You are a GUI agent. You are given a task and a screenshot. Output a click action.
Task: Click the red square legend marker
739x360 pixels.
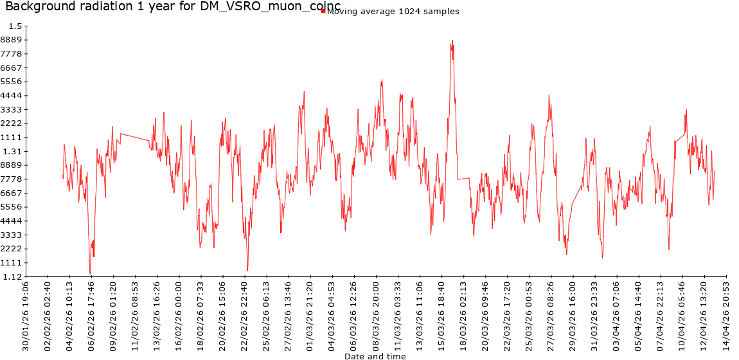[323, 10]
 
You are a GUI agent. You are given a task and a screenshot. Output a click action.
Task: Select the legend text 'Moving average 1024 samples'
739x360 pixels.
[393, 12]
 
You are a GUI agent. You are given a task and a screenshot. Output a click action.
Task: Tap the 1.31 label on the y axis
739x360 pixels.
[13, 152]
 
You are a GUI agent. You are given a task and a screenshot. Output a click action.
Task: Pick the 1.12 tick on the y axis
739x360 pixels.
[13, 277]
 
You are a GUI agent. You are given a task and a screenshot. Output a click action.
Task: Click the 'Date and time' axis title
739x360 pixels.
[375, 355]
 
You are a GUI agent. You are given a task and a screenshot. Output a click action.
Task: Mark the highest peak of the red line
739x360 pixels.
[452, 40]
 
